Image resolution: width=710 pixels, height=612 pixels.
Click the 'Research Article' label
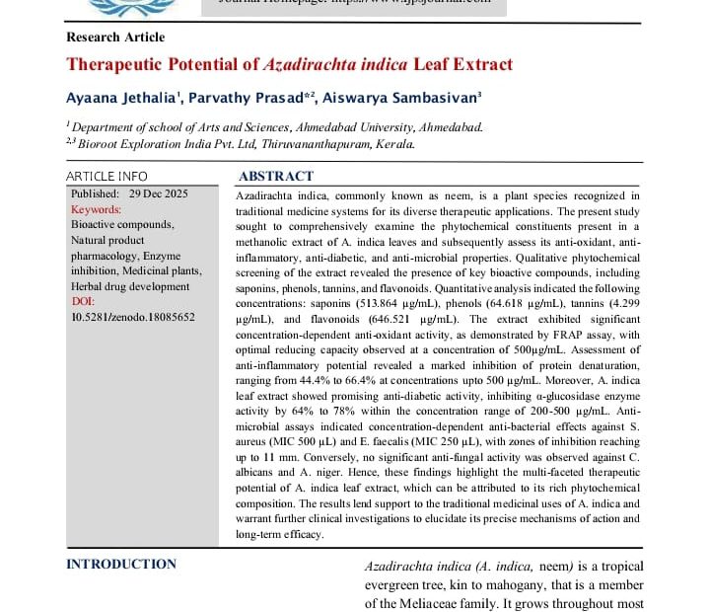tap(114, 38)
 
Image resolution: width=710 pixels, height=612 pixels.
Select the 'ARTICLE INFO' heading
tap(106, 177)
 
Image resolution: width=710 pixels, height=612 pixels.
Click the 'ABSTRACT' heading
tap(276, 177)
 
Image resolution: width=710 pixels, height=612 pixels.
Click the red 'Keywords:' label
tap(97, 209)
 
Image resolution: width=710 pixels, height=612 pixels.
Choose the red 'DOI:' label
tap(85, 301)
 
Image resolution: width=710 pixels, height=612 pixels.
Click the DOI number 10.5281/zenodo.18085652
tap(133, 317)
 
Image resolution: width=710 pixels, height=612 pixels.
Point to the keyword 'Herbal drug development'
tap(130, 286)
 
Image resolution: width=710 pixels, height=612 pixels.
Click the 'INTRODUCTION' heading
tap(121, 565)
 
